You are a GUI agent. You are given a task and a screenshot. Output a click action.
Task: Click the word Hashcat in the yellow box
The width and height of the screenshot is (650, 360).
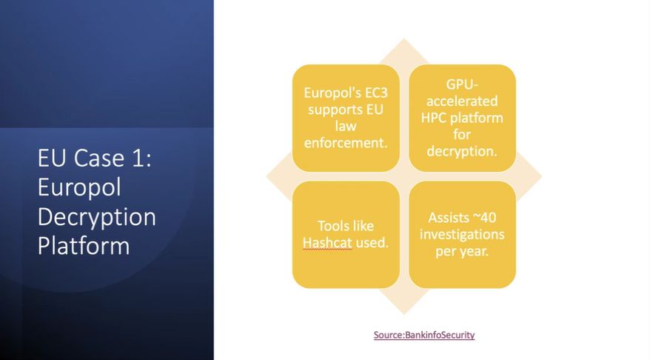click(327, 243)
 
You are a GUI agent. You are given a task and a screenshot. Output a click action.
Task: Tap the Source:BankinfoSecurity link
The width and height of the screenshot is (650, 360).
click(424, 335)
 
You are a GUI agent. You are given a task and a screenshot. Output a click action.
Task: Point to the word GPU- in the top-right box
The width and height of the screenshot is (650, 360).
click(462, 84)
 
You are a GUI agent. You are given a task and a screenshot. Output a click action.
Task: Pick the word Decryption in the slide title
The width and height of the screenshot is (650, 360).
click(96, 216)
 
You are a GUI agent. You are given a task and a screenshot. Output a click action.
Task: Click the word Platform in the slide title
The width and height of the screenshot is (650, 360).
click(84, 245)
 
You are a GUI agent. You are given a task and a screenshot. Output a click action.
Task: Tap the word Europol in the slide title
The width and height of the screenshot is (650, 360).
click(79, 187)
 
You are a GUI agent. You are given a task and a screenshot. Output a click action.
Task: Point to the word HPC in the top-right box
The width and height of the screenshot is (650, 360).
click(434, 118)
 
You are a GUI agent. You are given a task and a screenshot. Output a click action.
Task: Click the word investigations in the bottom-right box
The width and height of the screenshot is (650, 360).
click(462, 234)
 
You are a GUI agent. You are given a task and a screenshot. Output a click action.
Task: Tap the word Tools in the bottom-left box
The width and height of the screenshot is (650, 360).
click(330, 226)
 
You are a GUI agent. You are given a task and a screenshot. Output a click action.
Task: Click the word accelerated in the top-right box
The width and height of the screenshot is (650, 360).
click(462, 101)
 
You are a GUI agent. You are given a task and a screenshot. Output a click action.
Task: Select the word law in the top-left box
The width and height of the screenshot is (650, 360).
click(346, 126)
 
